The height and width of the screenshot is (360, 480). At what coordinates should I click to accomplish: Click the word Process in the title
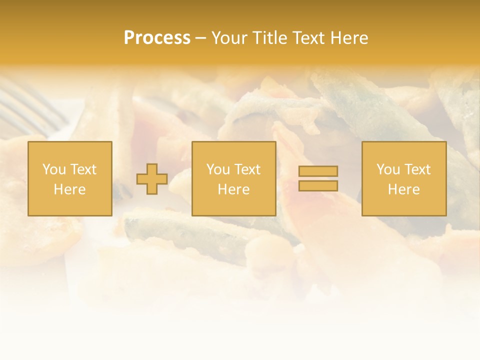coord(157,38)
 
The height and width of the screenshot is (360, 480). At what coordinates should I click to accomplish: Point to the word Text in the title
coord(310,38)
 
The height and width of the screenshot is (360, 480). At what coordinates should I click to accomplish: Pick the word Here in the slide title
coord(350,38)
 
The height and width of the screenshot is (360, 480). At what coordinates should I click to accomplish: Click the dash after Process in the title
coord(201,39)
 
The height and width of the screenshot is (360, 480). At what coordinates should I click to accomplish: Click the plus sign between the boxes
coord(152,179)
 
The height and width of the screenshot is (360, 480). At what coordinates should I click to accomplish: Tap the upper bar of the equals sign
coord(318,171)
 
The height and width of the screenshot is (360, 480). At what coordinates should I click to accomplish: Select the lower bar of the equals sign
coord(318,185)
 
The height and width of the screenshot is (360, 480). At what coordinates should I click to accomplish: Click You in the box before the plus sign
coord(54,169)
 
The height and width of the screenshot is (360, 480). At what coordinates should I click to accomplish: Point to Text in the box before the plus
coord(83,169)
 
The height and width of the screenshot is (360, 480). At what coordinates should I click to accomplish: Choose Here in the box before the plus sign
coord(69,189)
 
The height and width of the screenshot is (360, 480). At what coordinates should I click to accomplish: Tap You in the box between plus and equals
coord(218,169)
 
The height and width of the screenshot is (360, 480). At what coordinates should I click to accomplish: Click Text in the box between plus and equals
coord(247,169)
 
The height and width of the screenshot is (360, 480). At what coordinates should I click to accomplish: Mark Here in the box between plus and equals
coord(233,189)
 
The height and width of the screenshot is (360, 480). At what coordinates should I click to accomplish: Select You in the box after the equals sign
coord(388,169)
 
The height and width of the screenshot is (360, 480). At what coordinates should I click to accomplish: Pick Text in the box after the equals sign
coord(417,169)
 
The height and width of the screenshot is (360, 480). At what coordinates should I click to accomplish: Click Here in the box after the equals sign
coord(403,189)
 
